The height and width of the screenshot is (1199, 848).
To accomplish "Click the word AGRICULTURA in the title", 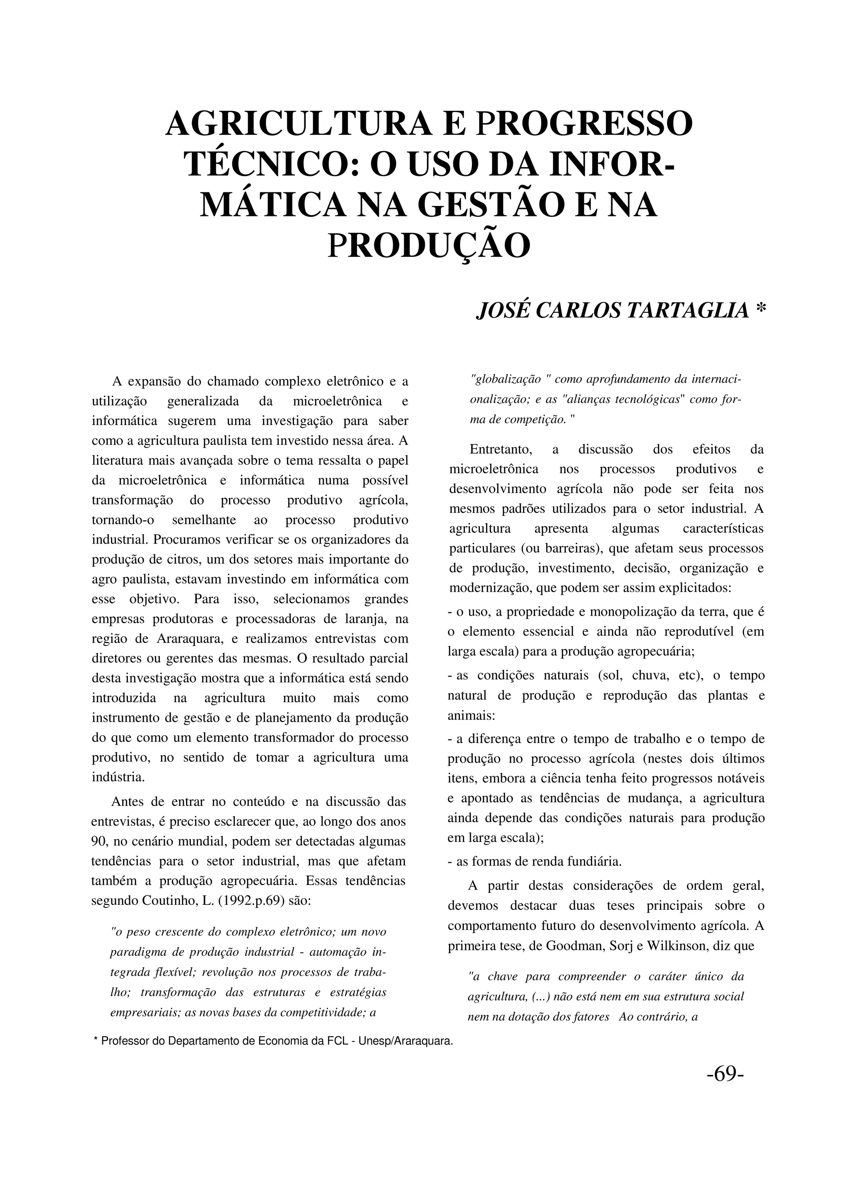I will tap(299, 123).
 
